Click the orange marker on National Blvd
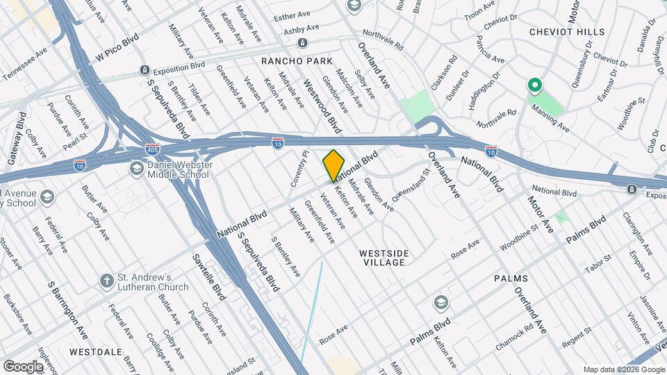[x=334, y=165]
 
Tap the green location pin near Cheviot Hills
[x=535, y=86]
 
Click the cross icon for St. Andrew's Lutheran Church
[x=106, y=281]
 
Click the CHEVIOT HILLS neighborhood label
[x=563, y=31]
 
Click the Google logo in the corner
[x=23, y=366]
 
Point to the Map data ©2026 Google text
[x=624, y=369]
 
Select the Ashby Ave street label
[x=306, y=28]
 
